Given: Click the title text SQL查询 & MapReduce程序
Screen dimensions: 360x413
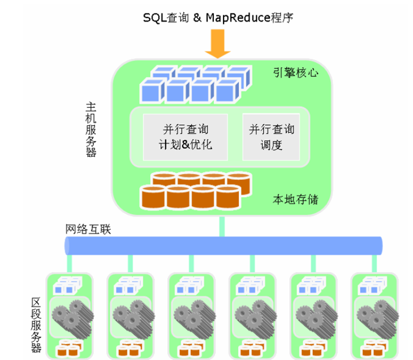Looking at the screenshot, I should (x=218, y=18).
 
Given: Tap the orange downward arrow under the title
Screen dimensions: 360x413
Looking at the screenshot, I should (x=218, y=45).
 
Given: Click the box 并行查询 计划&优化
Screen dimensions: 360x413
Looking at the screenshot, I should (x=185, y=137).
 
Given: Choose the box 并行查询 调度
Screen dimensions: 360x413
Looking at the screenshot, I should (x=271, y=137).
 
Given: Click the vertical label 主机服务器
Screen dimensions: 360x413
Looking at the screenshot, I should (x=91, y=131).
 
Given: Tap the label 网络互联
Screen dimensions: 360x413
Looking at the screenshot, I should (x=88, y=229).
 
